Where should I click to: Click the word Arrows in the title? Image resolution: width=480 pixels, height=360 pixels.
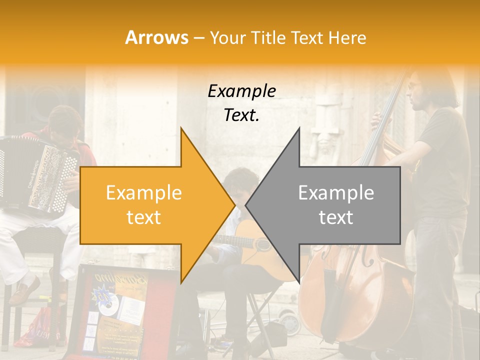click(156, 37)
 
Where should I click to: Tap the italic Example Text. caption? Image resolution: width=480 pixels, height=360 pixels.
click(242, 103)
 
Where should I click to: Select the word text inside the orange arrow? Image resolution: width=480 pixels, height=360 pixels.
click(143, 217)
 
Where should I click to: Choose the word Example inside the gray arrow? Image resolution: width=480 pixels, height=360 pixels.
click(336, 192)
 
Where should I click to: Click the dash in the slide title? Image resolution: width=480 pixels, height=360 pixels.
click(198, 38)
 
